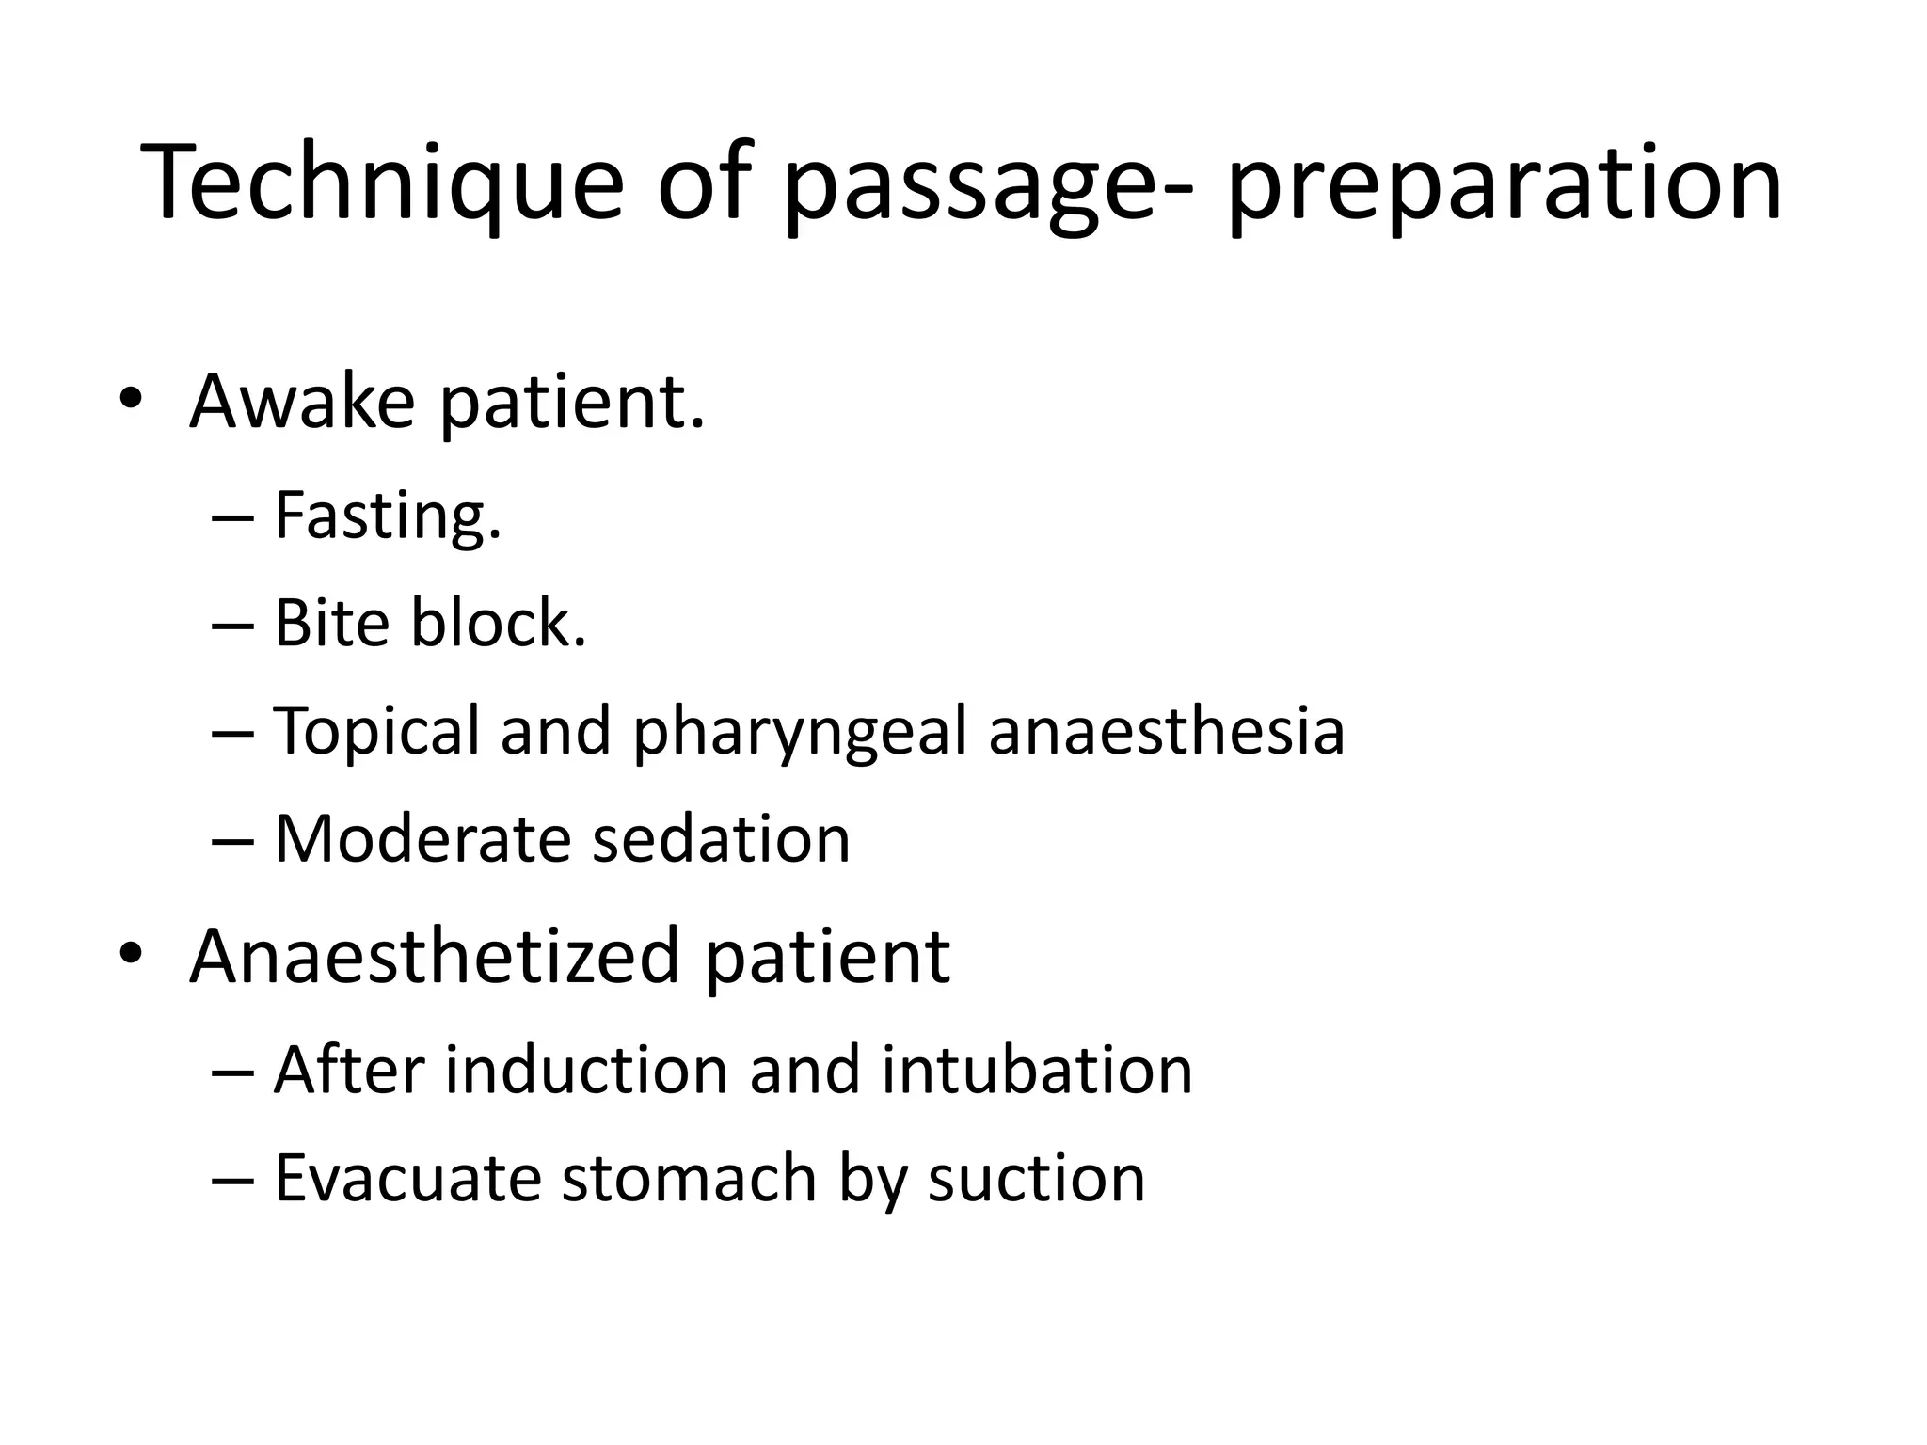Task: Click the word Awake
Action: (302, 402)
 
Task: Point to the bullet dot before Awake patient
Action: (131, 399)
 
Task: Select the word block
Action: (499, 623)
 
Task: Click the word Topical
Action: (376, 731)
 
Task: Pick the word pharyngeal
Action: (800, 731)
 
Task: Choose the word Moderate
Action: (422, 838)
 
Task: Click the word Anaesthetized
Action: (434, 957)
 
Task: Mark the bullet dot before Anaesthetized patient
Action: (131, 954)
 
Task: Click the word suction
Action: (1036, 1178)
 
